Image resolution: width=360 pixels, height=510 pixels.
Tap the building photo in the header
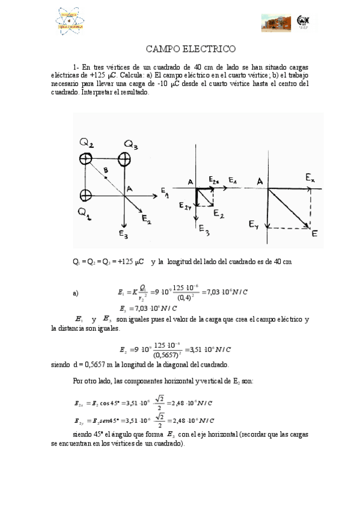click(x=276, y=22)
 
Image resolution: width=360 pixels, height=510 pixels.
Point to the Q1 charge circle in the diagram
click(x=85, y=195)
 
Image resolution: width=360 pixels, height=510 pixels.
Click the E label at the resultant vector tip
click(x=314, y=234)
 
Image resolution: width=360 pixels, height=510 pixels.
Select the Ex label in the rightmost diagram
click(x=309, y=178)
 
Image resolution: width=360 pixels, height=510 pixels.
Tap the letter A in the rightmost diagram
click(x=260, y=181)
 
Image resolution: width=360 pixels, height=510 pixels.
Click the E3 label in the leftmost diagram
click(x=123, y=235)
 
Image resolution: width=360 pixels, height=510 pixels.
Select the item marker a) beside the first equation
click(x=76, y=293)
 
